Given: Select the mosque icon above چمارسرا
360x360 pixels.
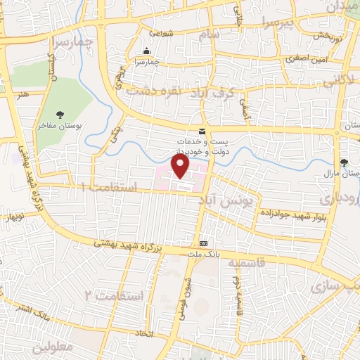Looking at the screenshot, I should (146, 51).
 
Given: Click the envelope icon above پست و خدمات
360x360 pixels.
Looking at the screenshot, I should (202, 131).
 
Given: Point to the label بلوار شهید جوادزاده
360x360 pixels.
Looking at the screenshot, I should (285, 211).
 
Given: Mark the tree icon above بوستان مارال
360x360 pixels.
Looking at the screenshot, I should (344, 163).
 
